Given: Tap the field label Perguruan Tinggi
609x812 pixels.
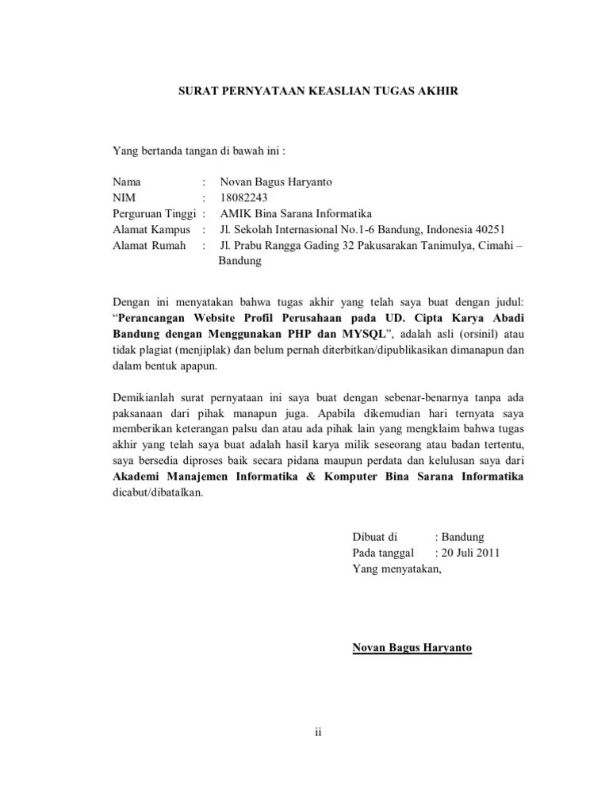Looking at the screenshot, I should coord(155,213).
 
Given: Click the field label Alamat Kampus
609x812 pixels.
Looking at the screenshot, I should coord(151,230).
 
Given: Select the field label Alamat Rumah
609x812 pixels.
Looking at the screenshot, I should coord(149,246).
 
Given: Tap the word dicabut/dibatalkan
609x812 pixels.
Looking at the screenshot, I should coord(158,492).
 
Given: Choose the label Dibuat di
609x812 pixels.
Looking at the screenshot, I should coord(375,537).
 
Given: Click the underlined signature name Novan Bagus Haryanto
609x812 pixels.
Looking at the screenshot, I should coord(412,648).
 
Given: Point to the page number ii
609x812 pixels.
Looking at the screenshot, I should coord(317,732).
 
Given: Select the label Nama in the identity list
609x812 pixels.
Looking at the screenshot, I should coord(126,182).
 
